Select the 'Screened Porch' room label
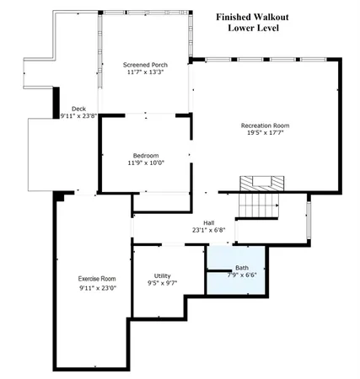click(x=142, y=64)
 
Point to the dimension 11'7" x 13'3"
click(x=142, y=72)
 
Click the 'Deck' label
click(x=78, y=108)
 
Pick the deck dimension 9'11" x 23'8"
click(x=78, y=116)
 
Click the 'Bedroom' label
click(x=146, y=155)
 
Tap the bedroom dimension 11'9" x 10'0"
click(x=146, y=163)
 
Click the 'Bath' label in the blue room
click(x=242, y=267)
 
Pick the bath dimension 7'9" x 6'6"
click(x=242, y=275)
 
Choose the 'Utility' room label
click(x=162, y=275)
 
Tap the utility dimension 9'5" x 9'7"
click(x=162, y=284)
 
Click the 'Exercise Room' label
click(x=96, y=279)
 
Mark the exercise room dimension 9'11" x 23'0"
click(x=96, y=288)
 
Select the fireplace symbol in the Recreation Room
click(x=258, y=184)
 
